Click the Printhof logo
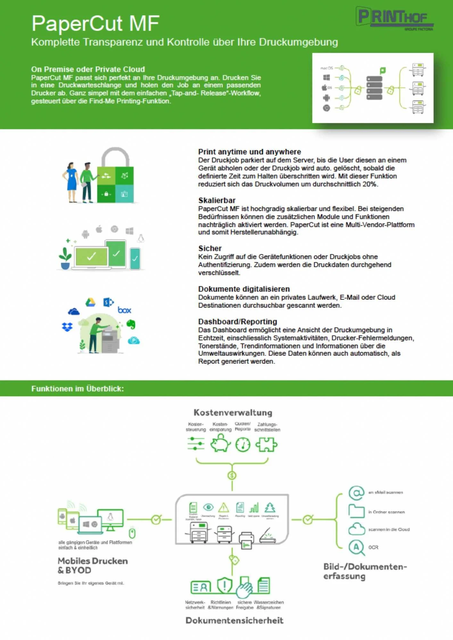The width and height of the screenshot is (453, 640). click(x=395, y=18)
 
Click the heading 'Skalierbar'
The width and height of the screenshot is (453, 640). click(x=217, y=200)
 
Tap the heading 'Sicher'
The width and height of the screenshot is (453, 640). click(x=210, y=248)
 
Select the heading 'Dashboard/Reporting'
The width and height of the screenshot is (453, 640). click(x=237, y=322)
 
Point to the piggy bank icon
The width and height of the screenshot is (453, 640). click(x=220, y=444)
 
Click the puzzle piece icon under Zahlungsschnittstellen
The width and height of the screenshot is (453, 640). click(x=266, y=444)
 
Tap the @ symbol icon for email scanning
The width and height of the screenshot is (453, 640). click(x=356, y=493)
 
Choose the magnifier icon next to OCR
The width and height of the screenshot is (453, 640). click(x=357, y=548)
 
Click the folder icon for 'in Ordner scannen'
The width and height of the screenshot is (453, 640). click(x=356, y=511)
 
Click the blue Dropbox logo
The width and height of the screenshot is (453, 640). click(x=67, y=327)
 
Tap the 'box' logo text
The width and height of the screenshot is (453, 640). click(x=124, y=310)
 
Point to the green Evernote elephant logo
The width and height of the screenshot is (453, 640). click(x=131, y=324)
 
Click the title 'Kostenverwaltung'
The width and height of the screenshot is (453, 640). click(x=233, y=412)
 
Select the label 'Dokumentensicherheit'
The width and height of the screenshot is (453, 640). click(x=234, y=620)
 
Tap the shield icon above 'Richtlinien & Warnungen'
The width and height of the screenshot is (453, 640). click(x=224, y=585)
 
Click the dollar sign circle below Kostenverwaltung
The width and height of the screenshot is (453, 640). click(x=232, y=476)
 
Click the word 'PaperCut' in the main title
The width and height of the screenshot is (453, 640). click(x=77, y=24)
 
